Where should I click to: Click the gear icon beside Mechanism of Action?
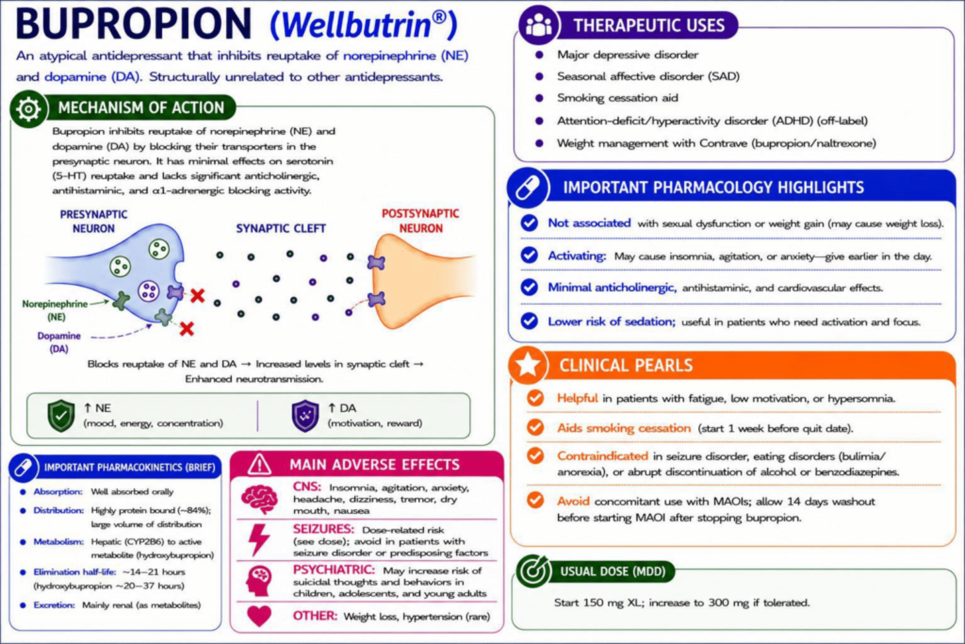coord(28,109)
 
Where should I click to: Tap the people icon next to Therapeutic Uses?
coord(539,24)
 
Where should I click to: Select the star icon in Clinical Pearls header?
coord(527,366)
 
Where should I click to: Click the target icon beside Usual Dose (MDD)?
coord(533,570)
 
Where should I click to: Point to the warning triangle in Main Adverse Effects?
coord(259,465)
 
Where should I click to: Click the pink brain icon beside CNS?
coord(259,499)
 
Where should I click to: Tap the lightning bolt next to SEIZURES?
coord(259,539)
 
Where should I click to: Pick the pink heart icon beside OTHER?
coord(259,616)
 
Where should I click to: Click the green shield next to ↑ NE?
coord(61,415)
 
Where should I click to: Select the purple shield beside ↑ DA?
coord(305,416)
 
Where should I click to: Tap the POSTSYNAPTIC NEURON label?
coord(420,221)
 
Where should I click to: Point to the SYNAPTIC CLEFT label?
coord(281,229)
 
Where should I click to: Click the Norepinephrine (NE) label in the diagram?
coord(55,310)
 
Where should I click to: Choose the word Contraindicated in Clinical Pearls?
coord(602,456)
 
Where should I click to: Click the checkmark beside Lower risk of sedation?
coord(529,321)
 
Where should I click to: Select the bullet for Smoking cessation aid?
coord(539,98)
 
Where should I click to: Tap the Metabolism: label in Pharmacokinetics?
coord(58,542)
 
